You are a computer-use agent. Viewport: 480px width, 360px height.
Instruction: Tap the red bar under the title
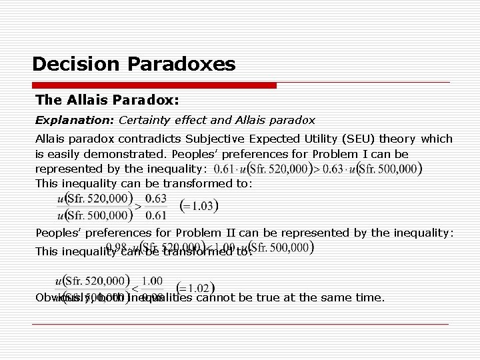pos(153,85)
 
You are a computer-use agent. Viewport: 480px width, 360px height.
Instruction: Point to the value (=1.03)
pos(199,206)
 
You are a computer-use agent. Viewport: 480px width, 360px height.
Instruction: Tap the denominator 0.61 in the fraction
pos(155,215)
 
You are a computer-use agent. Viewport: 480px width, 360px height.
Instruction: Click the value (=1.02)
pos(199,288)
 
